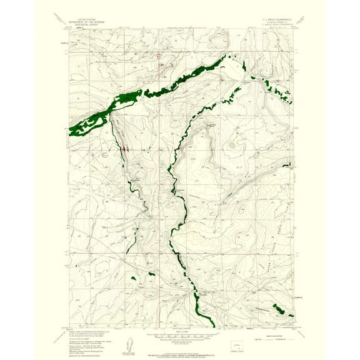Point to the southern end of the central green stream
[x=212, y=324]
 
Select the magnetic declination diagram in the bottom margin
[x=133, y=341]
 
